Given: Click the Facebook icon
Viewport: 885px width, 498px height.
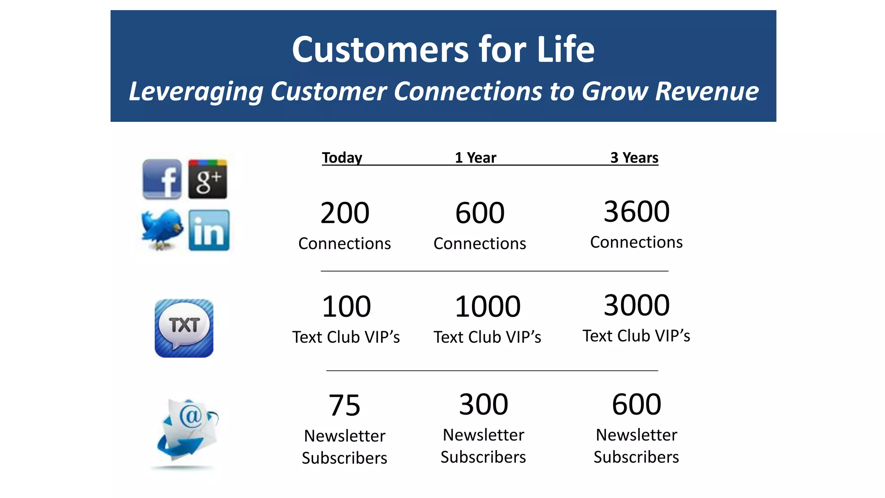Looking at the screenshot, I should (162, 179).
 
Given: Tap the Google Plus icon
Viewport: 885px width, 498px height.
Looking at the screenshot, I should (207, 179).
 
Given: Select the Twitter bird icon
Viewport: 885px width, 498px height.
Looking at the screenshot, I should (162, 229).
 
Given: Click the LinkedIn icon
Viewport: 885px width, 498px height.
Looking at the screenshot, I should (209, 230).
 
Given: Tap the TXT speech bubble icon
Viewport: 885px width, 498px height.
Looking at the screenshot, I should (184, 328).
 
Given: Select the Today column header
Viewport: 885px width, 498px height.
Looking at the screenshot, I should (342, 158).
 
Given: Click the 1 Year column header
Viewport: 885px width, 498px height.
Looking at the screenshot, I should (475, 158).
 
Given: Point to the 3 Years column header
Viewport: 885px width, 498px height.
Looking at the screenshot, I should (634, 158).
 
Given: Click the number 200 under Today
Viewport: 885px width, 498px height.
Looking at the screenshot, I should (345, 213).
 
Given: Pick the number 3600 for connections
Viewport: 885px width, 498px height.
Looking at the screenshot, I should (637, 212).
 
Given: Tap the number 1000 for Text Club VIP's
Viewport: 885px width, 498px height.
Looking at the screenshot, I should (487, 306).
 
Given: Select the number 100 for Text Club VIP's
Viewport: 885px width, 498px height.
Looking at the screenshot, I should (346, 306).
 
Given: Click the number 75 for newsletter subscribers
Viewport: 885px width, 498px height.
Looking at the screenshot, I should (344, 405).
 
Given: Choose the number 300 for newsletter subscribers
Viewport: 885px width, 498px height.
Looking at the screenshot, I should (484, 405).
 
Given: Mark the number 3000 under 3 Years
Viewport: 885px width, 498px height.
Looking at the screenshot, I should (637, 305).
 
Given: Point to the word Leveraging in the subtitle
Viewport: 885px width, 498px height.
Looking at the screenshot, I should (196, 92).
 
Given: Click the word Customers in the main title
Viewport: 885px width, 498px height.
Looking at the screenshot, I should (380, 49).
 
